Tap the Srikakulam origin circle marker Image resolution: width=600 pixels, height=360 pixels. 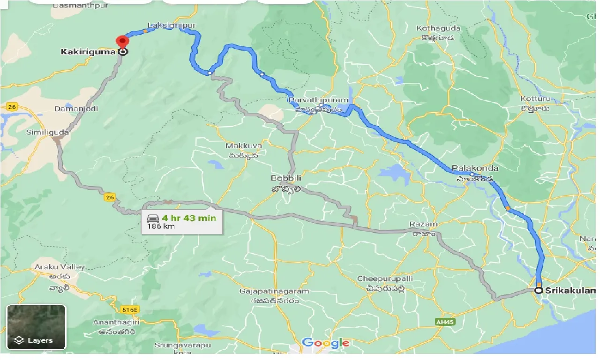pos(539,291)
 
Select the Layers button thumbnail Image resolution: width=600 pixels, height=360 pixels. pos(36,327)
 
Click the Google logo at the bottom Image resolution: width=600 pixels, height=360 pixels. pos(325,343)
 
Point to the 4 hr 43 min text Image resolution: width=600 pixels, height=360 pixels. pos(189,218)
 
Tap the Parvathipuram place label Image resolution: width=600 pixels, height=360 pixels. pos(318,100)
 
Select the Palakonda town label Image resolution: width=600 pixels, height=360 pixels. pos(475,168)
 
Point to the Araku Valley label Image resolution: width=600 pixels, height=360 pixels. pos(60,267)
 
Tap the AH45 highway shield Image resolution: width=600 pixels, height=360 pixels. pos(443,322)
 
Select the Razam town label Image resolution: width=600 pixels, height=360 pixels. pos(423,225)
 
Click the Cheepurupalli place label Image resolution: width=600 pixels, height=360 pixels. pos(385,278)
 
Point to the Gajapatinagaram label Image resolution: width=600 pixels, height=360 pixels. pos(274,291)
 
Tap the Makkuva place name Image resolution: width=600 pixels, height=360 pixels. pos(243,146)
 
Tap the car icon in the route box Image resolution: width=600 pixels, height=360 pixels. pos(153,218)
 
